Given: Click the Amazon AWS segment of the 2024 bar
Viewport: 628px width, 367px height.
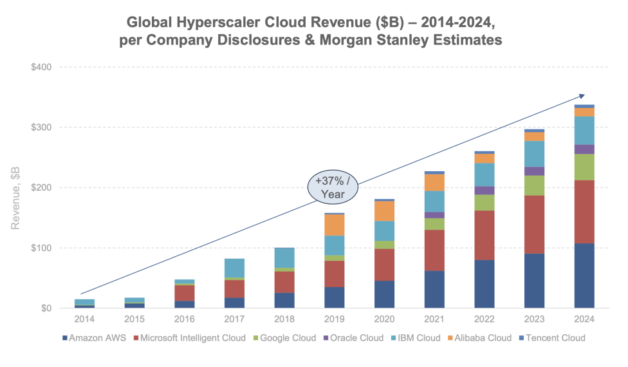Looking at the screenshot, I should point(584,276).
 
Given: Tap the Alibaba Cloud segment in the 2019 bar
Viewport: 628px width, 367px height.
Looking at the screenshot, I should point(335,225).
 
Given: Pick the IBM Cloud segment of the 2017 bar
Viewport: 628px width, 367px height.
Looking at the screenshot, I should point(234,268).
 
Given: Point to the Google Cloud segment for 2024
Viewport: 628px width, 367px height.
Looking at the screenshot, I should point(584,167).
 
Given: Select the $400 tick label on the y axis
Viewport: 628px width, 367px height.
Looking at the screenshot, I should point(41,67).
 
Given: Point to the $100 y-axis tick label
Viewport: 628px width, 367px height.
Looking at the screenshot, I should point(41,248).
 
